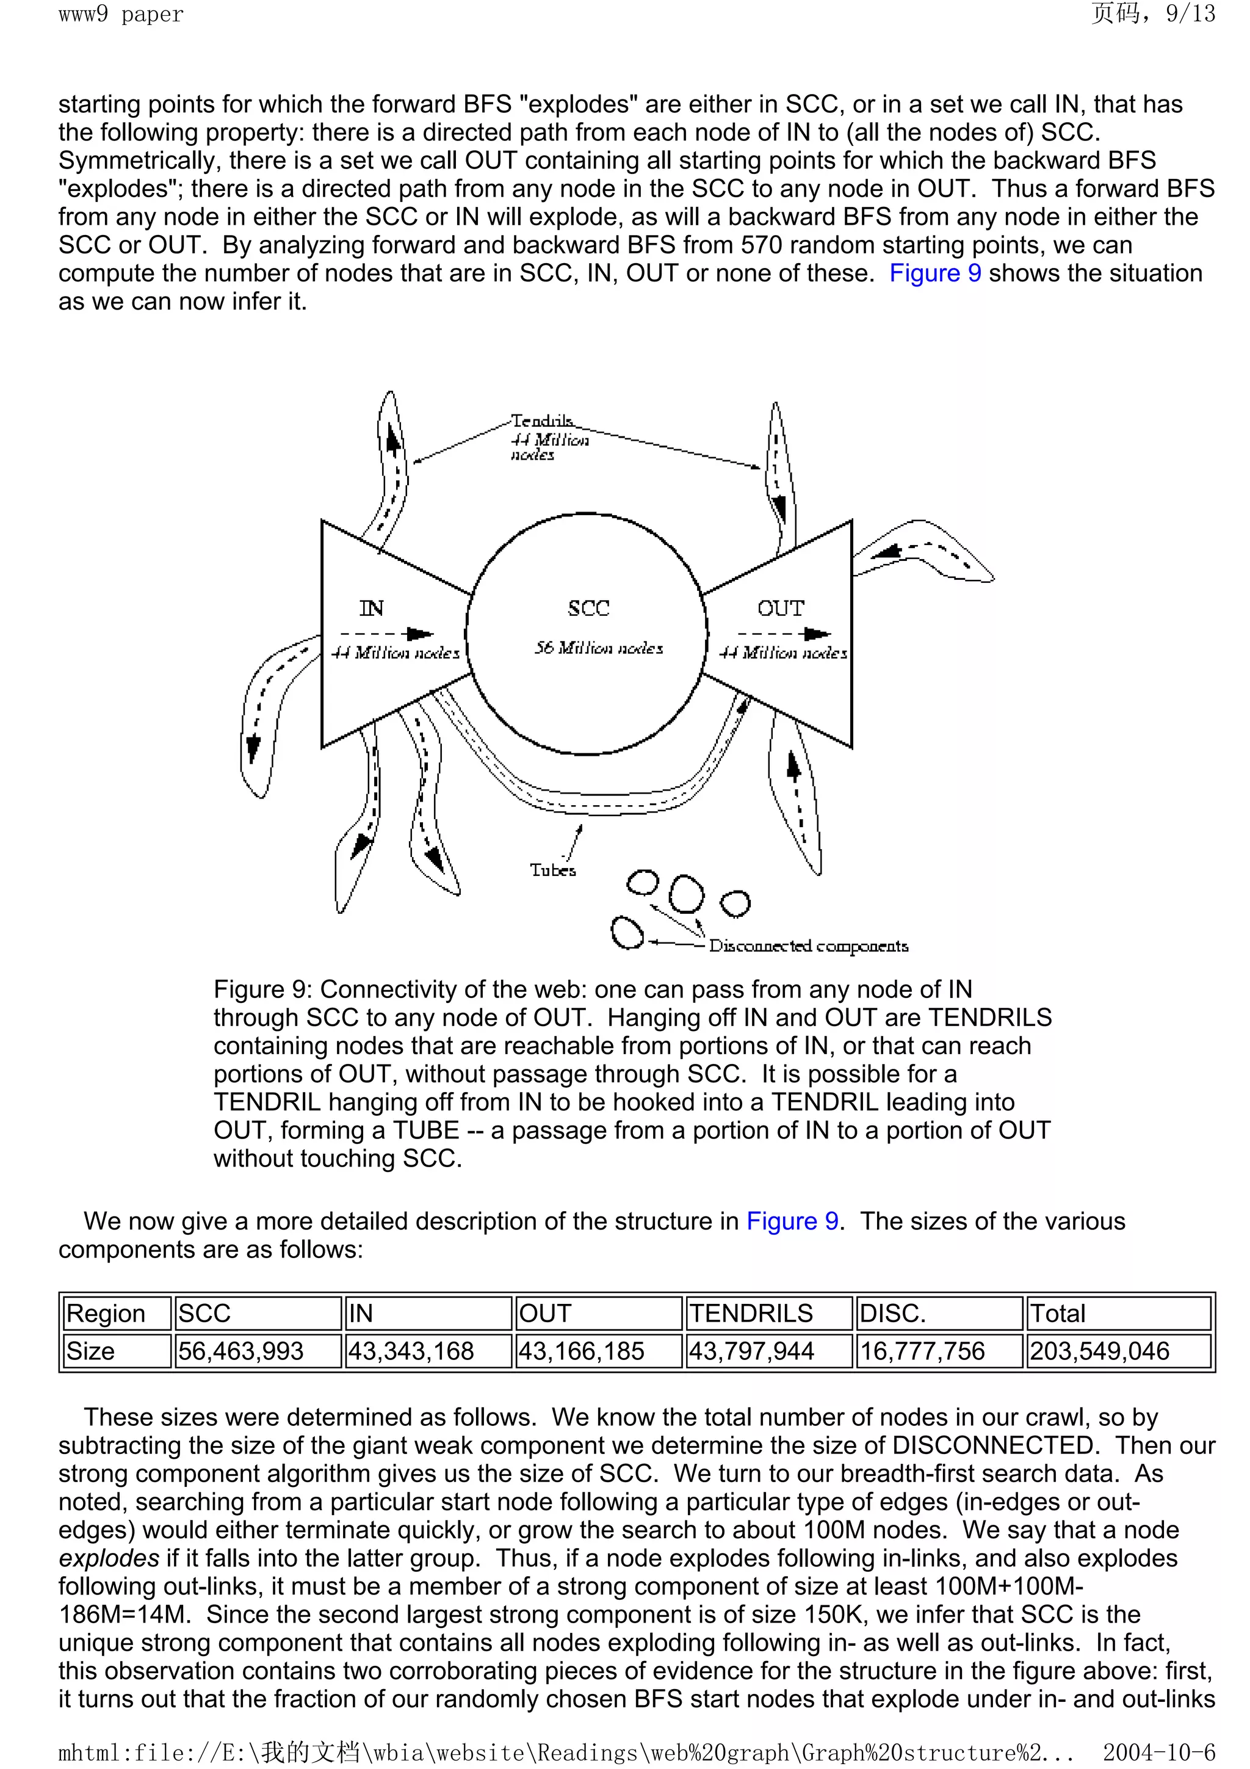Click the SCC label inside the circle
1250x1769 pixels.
pyautogui.click(x=588, y=609)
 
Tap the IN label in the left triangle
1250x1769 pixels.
pyautogui.click(x=371, y=609)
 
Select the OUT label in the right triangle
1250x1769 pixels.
pyautogui.click(x=780, y=609)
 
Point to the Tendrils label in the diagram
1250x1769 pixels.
pyautogui.click(x=542, y=421)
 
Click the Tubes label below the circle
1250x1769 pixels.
pyautogui.click(x=552, y=870)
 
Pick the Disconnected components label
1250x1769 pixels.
pyautogui.click(x=808, y=946)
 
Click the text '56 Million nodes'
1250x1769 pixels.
pyautogui.click(x=598, y=648)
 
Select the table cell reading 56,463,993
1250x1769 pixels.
pyautogui.click(x=241, y=1351)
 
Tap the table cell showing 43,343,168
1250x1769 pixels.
pyautogui.click(x=411, y=1351)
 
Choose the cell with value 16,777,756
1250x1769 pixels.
pyautogui.click(x=923, y=1351)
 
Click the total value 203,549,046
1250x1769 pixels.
pyautogui.click(x=1100, y=1351)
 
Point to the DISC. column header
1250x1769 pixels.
pyautogui.click(x=892, y=1313)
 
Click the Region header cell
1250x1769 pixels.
pyautogui.click(x=106, y=1313)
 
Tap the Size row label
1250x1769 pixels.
pyautogui.click(x=90, y=1351)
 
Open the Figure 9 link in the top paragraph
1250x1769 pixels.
pyautogui.click(x=935, y=273)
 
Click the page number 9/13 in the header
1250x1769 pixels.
pyautogui.click(x=1191, y=14)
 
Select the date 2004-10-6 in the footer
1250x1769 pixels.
pyautogui.click(x=1158, y=1752)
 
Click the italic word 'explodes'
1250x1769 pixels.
pyautogui.click(x=109, y=1558)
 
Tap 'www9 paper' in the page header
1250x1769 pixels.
pyautogui.click(x=121, y=14)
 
